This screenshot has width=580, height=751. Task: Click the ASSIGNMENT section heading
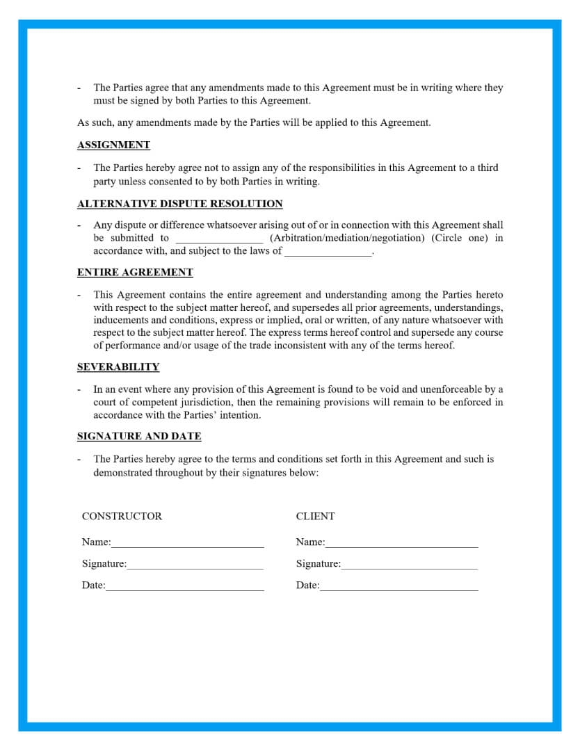pyautogui.click(x=113, y=145)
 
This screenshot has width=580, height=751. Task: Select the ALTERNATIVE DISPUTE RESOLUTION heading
pyautogui.click(x=179, y=204)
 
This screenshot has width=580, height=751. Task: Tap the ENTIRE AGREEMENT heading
pyautogui.click(x=135, y=272)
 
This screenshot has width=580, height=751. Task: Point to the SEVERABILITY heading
pyautogui.click(x=118, y=366)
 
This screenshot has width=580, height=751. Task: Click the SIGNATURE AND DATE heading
pyautogui.click(x=139, y=436)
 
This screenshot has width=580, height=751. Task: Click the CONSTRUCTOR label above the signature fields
pyautogui.click(x=122, y=516)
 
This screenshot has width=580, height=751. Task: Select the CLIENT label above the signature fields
pyautogui.click(x=315, y=516)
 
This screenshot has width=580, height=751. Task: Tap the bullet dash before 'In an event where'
pyautogui.click(x=79, y=389)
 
